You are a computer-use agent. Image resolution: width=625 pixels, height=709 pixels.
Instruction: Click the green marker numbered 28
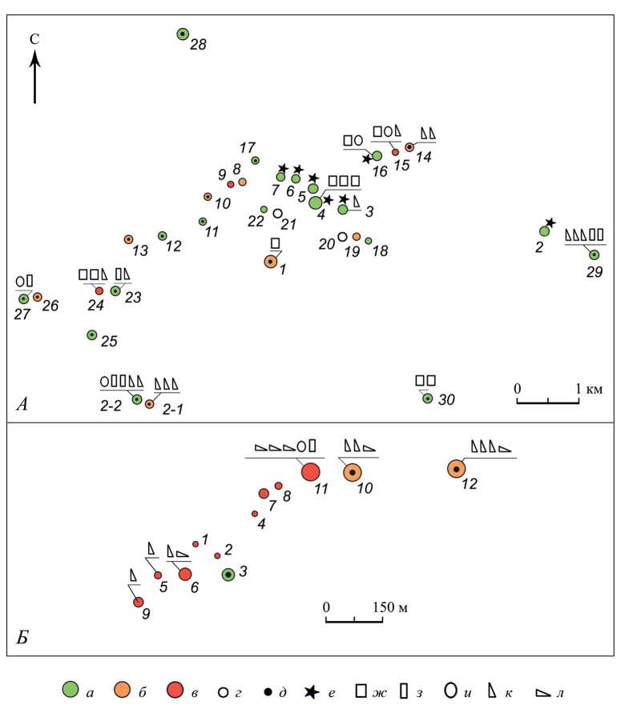pos(183,34)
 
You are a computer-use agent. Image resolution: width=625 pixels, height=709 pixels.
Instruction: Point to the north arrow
pos(35,77)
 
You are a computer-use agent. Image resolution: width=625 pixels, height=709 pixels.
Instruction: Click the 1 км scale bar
pos(548,399)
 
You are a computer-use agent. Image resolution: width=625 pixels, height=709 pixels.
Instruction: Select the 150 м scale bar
pos(354,619)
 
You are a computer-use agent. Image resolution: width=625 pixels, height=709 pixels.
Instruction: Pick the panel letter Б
pos(23,638)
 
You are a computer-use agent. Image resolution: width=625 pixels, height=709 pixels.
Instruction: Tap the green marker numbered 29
pos(594,254)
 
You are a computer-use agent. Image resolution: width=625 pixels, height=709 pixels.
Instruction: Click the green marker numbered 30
pos(427,399)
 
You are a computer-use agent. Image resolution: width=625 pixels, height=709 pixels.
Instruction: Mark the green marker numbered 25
pos(92,334)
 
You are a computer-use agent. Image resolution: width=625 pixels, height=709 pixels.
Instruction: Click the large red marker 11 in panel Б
pos(310,472)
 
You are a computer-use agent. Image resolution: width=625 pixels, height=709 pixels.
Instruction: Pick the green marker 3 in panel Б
pos(228,574)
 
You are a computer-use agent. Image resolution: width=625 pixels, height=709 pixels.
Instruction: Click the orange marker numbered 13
pos(128,239)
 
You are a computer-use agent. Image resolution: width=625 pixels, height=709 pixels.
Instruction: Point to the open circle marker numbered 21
pos(277,214)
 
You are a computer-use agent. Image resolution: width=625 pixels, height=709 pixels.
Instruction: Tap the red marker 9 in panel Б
pos(138,601)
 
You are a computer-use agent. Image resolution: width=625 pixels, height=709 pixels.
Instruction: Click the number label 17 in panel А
pos(247,147)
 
